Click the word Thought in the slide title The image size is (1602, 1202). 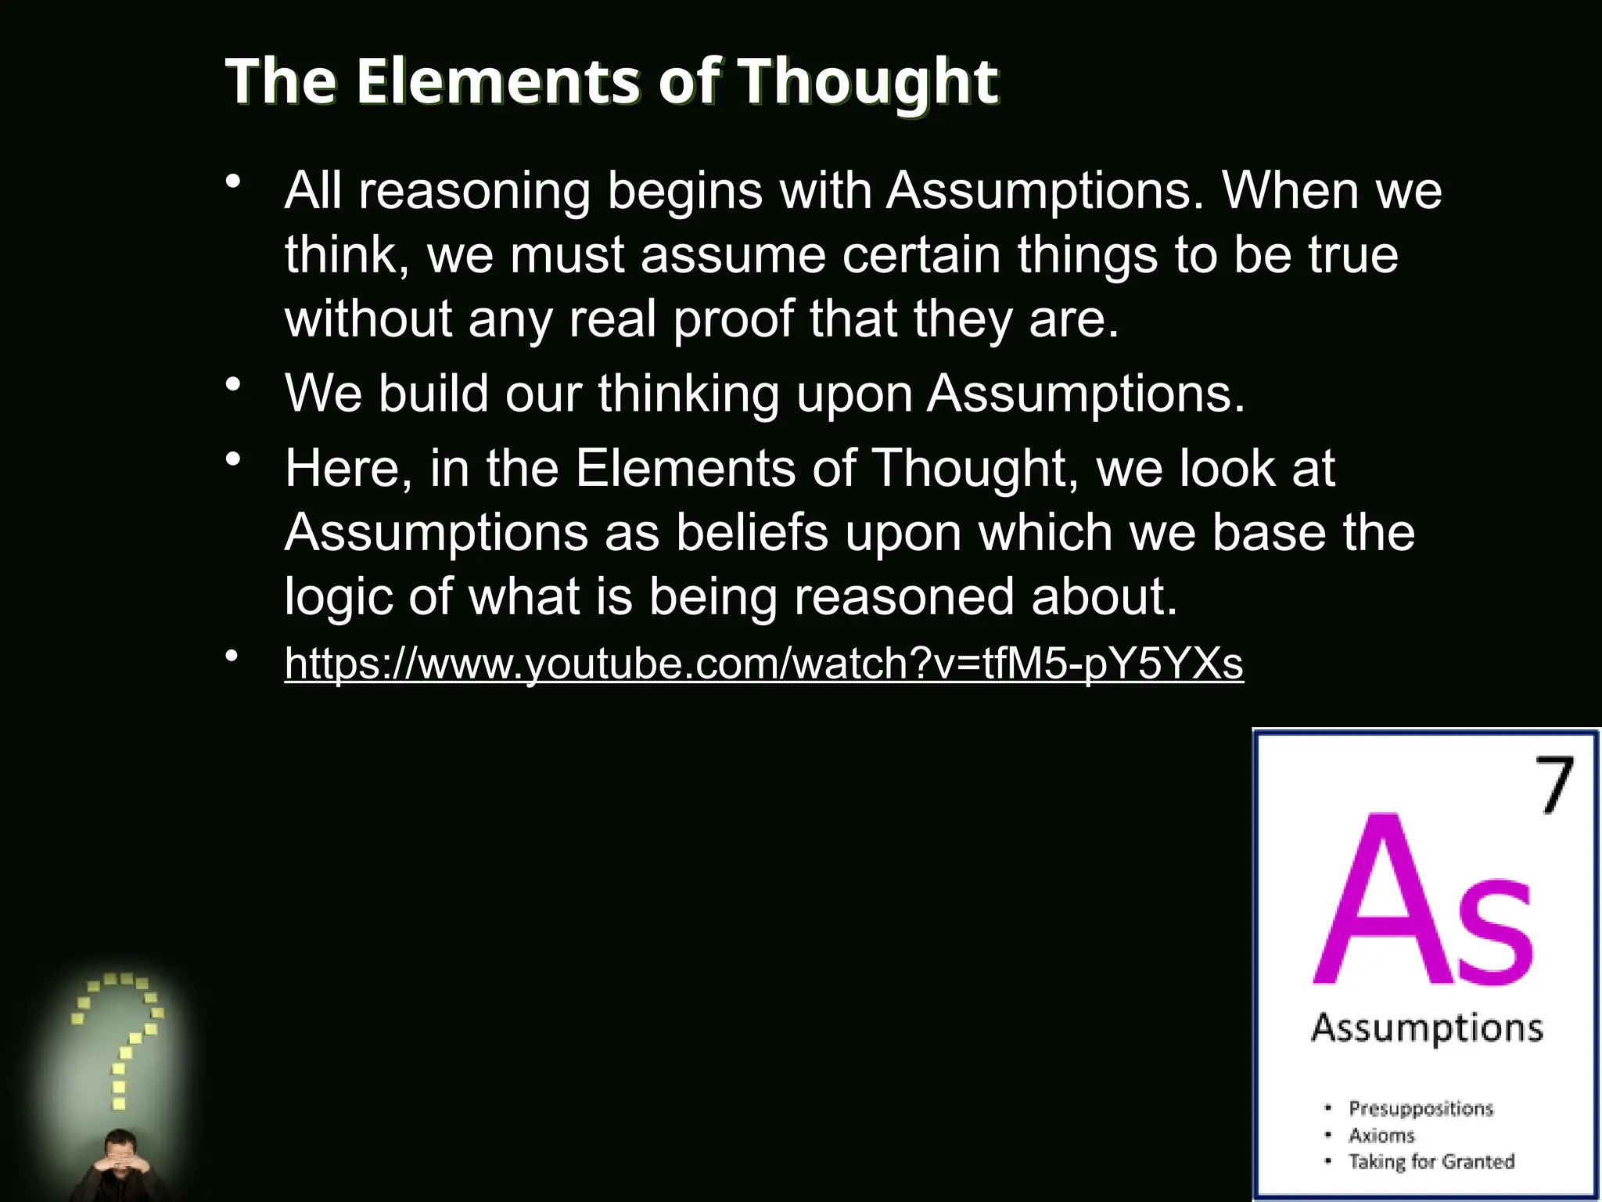click(x=868, y=81)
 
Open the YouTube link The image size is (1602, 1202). click(x=763, y=664)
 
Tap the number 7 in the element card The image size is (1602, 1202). click(x=1554, y=785)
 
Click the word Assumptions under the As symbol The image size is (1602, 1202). click(x=1427, y=1027)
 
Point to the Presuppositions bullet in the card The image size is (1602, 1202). click(x=1421, y=1108)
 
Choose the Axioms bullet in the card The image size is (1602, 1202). click(x=1381, y=1135)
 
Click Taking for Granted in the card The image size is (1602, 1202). click(x=1431, y=1161)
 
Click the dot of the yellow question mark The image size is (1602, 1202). click(x=119, y=1103)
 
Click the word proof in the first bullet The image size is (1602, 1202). click(x=733, y=319)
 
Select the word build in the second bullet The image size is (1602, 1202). click(x=433, y=393)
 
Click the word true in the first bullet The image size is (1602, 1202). click(x=1353, y=255)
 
